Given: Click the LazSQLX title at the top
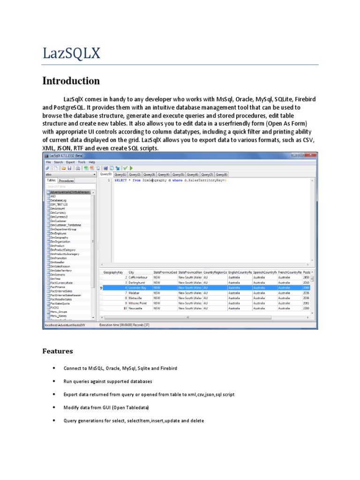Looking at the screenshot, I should [x=71, y=53].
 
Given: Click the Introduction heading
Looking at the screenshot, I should [x=71, y=81].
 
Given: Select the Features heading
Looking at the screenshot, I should [x=58, y=351].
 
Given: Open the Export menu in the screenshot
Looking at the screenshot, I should [x=70, y=162].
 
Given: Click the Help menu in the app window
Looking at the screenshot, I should [x=92, y=162].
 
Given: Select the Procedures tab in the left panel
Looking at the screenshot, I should [x=67, y=180].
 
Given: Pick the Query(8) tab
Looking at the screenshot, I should [x=221, y=174].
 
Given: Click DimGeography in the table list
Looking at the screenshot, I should [x=60, y=238].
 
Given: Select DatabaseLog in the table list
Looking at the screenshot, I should [x=59, y=200].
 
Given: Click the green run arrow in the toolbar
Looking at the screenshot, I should [x=131, y=168].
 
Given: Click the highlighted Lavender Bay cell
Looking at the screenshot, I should [x=137, y=288].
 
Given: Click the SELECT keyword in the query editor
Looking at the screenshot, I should [x=120, y=180].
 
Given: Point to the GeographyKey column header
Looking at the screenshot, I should [x=113, y=272].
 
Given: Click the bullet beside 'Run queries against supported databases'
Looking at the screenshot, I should [x=55, y=381].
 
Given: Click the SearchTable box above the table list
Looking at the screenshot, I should [x=70, y=186].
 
